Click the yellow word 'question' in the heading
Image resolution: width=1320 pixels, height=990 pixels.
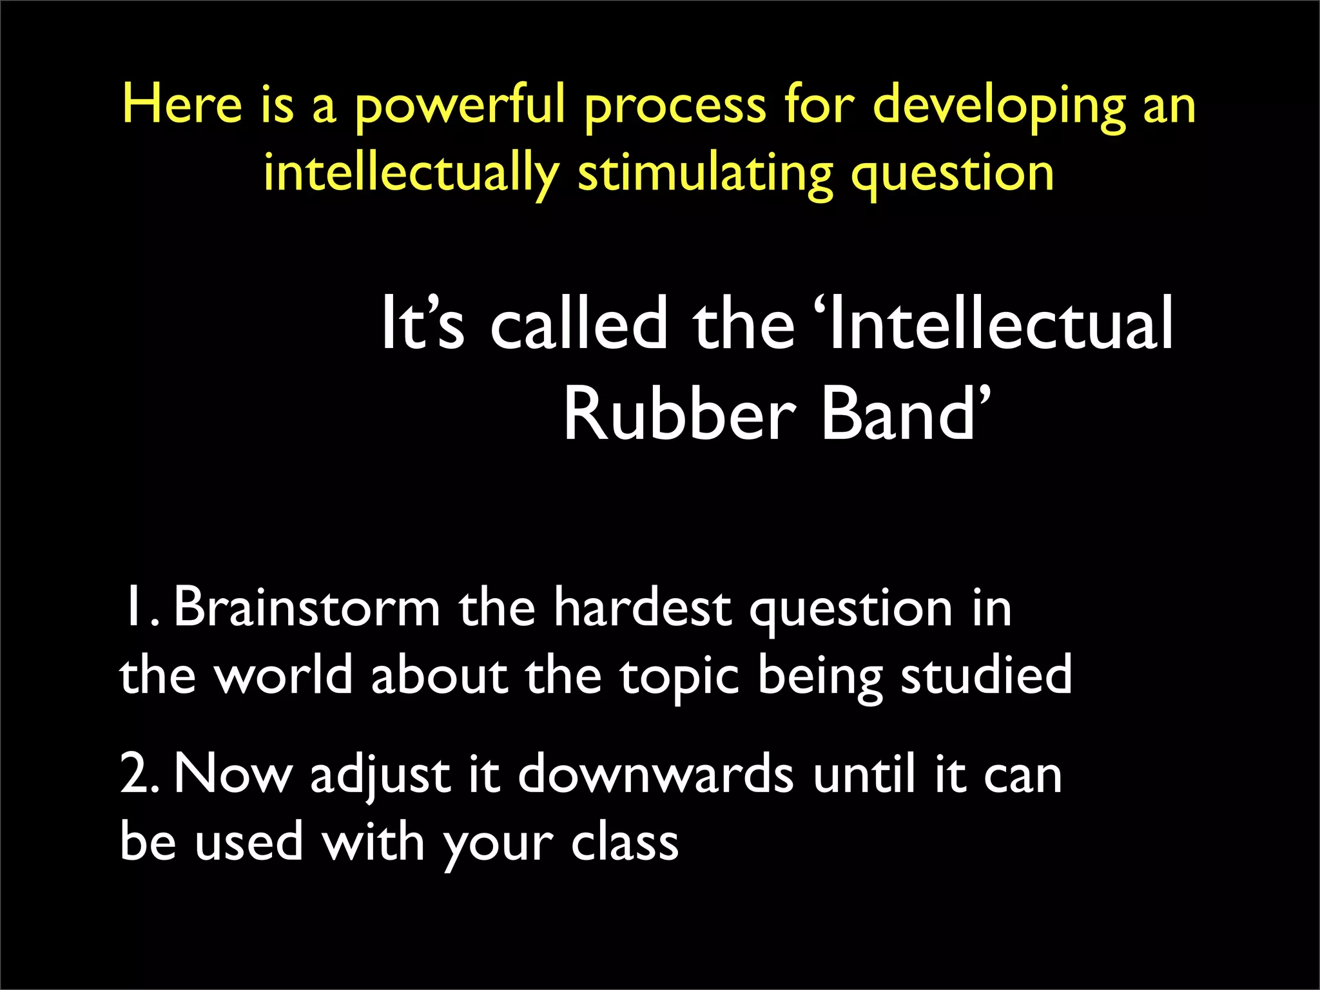click(952, 174)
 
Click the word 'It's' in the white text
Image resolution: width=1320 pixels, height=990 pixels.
click(422, 324)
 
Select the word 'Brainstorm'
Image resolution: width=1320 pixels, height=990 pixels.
click(307, 607)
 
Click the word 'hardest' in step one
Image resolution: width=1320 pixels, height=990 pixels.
click(642, 607)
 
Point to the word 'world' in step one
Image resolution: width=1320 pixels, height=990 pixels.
click(283, 675)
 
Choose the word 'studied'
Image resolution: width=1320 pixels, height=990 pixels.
click(986, 675)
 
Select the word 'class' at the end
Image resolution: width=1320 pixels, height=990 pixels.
click(625, 842)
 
